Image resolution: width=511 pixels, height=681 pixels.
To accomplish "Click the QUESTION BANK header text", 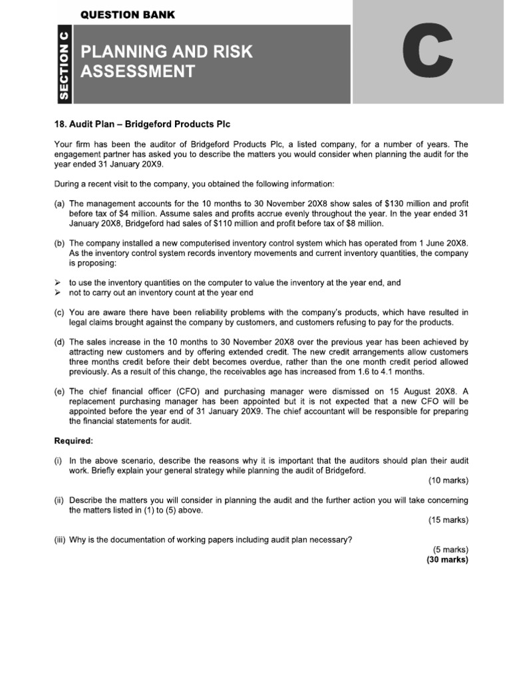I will coord(128,14).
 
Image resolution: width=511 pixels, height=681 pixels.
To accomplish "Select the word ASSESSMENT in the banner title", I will coord(138,71).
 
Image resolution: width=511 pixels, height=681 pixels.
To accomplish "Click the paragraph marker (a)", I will coord(59,204).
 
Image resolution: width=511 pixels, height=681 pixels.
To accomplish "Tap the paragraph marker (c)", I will coord(59,313).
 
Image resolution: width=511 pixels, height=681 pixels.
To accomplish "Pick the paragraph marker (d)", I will coord(59,342).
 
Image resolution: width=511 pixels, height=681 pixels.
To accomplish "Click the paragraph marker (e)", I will coord(59,391).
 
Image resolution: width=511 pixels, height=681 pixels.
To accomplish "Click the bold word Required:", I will coord(73,440).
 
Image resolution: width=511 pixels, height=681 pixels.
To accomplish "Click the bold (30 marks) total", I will coord(447,559).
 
